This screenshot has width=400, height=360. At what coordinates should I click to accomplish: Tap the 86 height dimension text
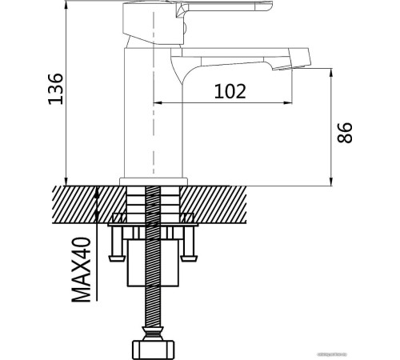click(x=345, y=132)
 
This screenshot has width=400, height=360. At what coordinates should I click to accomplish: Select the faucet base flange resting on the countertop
click(x=154, y=181)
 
